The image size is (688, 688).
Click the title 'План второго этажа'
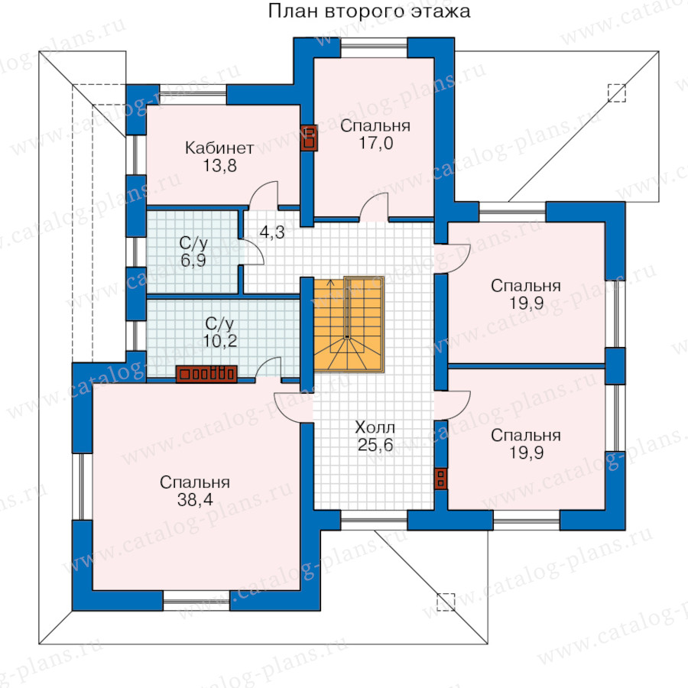point(369,11)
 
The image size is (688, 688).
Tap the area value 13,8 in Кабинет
point(220,166)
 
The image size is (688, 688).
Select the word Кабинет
point(219,148)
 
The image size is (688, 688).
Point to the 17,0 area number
point(376,143)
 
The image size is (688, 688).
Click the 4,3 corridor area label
point(272,232)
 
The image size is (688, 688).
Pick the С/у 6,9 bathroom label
point(193,252)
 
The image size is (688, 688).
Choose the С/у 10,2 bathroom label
point(220,333)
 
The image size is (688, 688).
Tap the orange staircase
point(349,324)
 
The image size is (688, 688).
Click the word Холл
point(375,427)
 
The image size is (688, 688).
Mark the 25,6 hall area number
point(375,445)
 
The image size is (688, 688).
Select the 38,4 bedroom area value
point(195,499)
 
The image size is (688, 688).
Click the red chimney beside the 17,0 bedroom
point(309,138)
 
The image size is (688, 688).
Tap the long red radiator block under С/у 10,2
point(206,375)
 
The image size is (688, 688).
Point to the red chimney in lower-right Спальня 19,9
point(440,479)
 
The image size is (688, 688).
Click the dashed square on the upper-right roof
point(616,93)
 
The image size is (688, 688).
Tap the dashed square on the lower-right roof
point(446,602)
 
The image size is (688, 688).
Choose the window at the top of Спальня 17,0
point(375,48)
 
